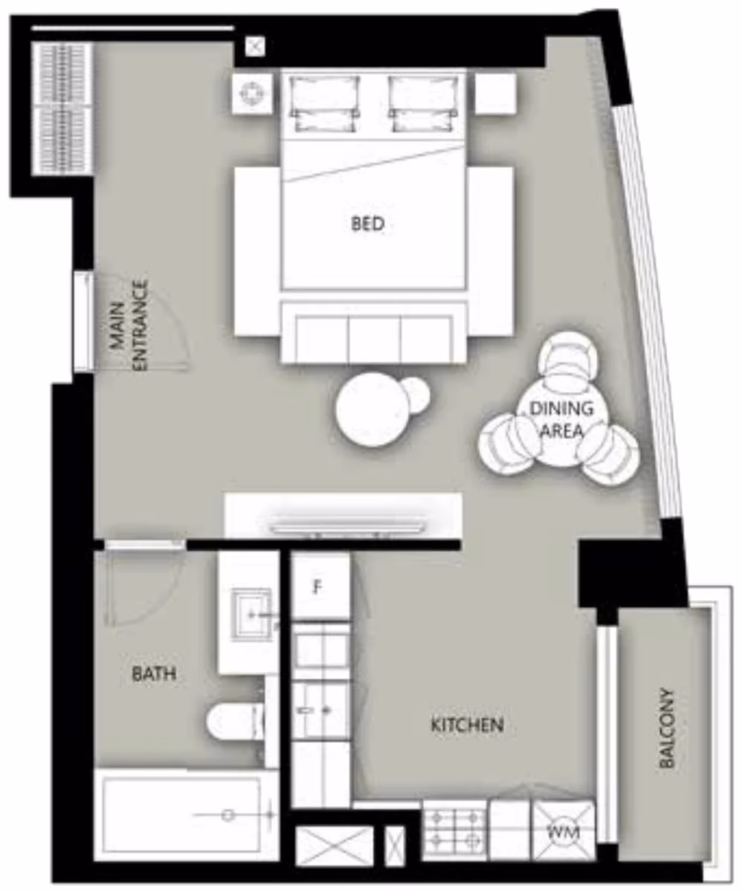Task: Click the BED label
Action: point(367,224)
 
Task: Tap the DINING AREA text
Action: point(561,419)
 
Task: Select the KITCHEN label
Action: point(467,725)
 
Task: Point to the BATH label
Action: point(155,674)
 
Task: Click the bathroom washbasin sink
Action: point(251,614)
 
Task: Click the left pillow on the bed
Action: point(324,104)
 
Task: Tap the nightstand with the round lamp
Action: point(252,93)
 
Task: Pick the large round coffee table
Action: point(370,410)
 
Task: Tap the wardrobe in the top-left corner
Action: point(63,109)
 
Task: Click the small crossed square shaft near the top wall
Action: point(255,46)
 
